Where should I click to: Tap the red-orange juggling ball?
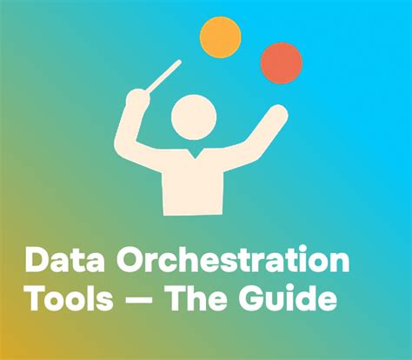(x=282, y=63)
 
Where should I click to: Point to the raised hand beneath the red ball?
(x=276, y=112)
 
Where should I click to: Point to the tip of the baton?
(x=179, y=62)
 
